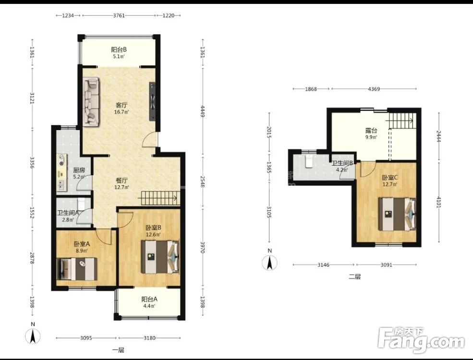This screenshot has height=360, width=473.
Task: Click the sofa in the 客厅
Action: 91,102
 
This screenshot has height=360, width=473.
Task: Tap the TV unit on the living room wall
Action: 152,102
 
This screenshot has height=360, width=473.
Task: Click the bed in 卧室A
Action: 77,269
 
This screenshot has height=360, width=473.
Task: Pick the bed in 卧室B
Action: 160,257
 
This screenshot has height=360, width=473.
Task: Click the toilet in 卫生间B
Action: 309,161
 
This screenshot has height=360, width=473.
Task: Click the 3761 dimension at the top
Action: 119,15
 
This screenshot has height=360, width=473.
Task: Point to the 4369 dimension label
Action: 374,89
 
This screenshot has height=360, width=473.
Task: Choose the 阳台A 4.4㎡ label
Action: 149,302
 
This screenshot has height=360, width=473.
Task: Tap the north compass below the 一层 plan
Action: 33,336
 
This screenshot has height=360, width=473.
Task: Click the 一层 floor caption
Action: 118,350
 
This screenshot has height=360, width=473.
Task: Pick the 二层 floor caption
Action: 355,276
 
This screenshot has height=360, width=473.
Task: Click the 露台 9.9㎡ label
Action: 371,133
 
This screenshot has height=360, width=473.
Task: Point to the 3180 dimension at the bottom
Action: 149,338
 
